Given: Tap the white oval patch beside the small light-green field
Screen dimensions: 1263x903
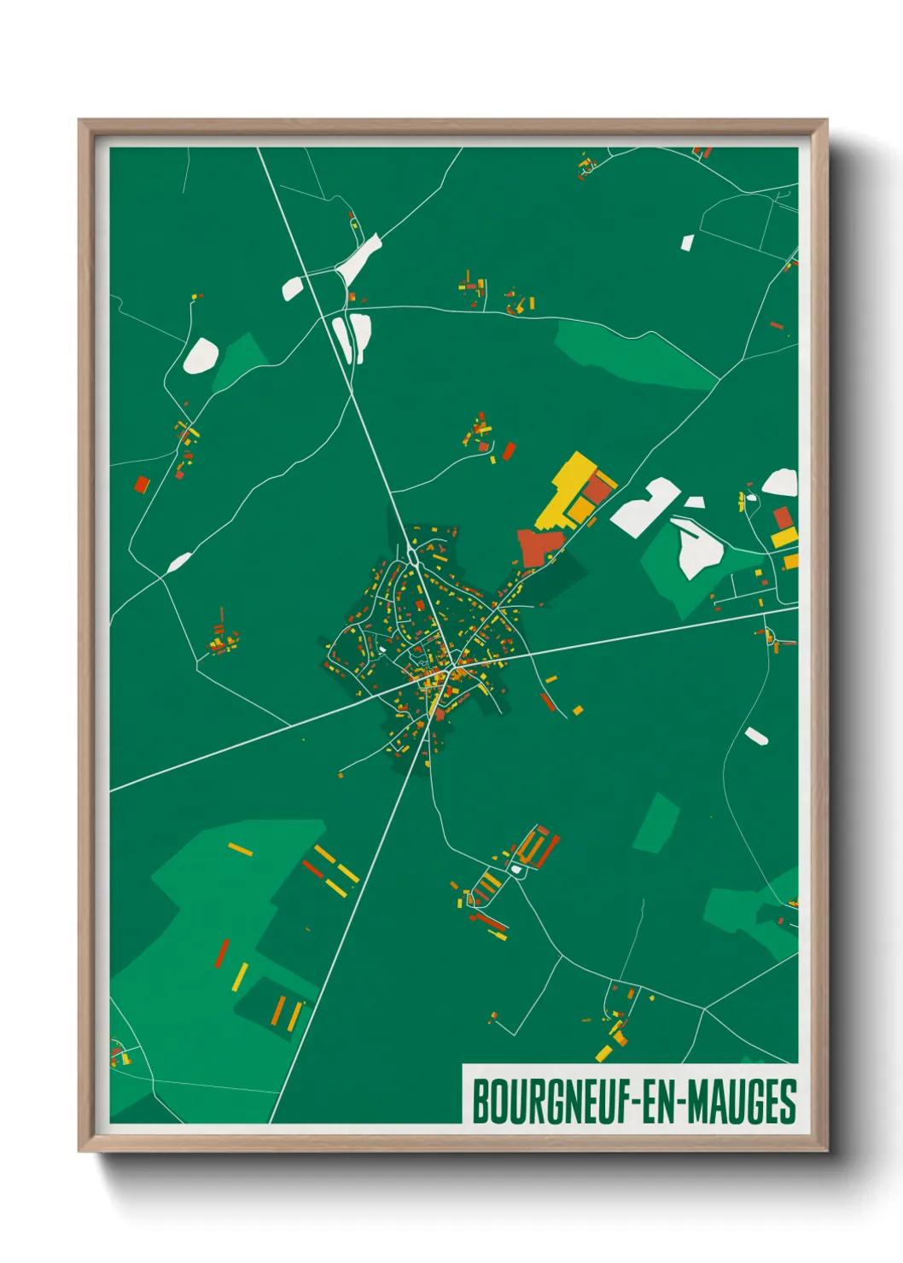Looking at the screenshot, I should pos(201,355).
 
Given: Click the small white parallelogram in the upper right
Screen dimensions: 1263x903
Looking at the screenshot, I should pos(687,243).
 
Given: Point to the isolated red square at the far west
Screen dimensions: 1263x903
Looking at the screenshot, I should pos(142,485).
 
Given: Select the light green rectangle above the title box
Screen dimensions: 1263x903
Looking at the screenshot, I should pos(656,823).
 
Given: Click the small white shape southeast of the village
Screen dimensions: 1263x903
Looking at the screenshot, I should pos(756,735).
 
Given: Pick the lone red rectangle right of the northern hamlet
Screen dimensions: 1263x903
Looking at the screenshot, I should pos(509,451).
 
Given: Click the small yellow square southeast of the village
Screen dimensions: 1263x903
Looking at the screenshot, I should pos(578,710).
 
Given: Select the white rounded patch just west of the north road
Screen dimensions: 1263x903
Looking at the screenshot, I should pos(292,288).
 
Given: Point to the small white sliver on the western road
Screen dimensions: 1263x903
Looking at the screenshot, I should pos(178,562).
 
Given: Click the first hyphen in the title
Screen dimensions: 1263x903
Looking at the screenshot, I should pos(633,1103).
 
